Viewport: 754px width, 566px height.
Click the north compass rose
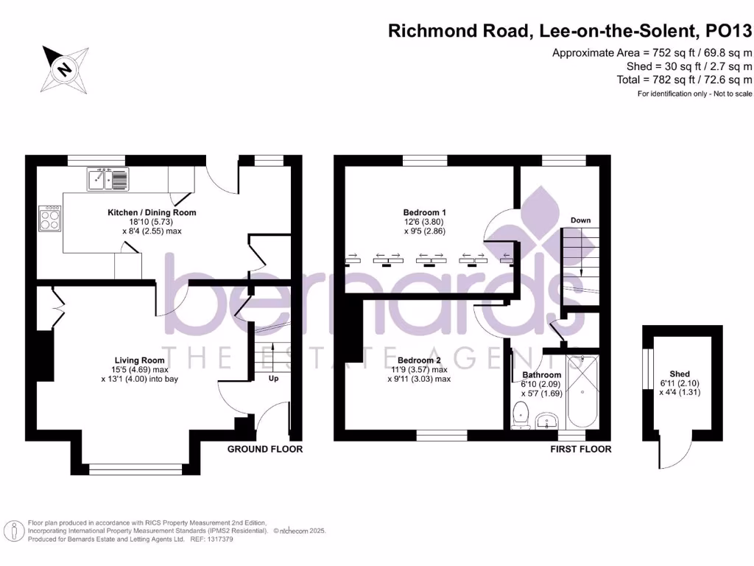point(66,68)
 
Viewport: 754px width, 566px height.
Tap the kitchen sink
point(108,178)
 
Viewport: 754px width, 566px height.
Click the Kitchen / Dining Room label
point(152,212)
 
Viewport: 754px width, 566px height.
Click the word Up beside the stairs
point(273,379)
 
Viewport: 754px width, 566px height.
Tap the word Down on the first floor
point(580,220)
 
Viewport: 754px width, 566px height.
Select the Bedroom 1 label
point(424,212)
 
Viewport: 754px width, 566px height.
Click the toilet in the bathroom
point(521,414)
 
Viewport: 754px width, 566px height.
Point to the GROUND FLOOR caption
point(264,449)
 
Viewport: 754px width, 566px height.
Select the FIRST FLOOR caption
point(581,449)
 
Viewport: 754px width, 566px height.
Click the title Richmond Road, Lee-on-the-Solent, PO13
point(570,31)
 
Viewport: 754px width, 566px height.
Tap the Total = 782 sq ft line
point(684,80)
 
